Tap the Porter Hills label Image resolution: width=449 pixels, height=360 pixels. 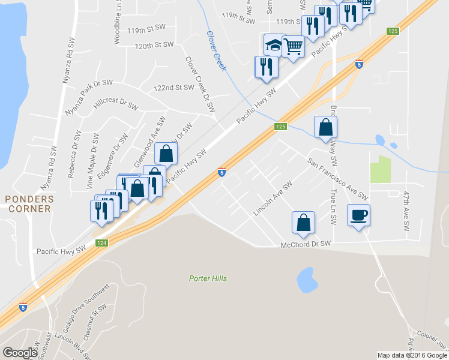(208, 278)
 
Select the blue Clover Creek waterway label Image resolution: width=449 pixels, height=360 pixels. (216, 51)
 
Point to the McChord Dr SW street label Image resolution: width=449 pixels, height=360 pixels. (306, 244)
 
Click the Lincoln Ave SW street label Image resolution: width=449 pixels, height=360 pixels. (272, 198)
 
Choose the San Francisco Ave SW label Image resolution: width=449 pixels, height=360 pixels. (337, 179)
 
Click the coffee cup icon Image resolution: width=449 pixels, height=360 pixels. (358, 215)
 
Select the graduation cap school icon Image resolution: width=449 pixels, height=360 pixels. (274, 45)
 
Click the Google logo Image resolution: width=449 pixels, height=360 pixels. (20, 352)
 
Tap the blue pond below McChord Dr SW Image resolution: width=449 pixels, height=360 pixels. (307, 279)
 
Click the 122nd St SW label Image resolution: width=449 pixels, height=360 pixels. (174, 88)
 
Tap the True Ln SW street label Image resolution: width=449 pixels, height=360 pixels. (333, 208)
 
